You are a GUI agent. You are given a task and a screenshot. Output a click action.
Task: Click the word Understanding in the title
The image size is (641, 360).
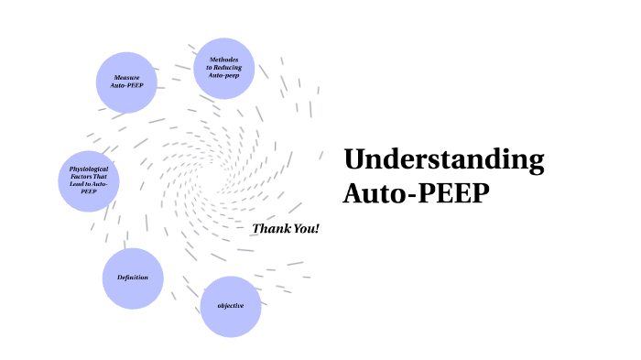444,160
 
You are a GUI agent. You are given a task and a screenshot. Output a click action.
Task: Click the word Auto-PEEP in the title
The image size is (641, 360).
418,194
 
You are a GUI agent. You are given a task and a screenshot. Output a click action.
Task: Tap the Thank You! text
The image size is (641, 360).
286,228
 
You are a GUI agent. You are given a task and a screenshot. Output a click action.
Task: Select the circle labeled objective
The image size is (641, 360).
231,306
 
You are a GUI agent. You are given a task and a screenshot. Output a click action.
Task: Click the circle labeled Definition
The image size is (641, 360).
133,278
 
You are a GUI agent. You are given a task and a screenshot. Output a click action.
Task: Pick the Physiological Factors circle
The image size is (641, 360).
89,180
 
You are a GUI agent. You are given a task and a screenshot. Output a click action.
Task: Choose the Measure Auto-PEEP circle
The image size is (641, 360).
126,82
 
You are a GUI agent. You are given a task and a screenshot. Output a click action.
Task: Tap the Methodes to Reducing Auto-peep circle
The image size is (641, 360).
223,68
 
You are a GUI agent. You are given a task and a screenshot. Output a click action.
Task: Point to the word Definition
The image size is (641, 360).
133,278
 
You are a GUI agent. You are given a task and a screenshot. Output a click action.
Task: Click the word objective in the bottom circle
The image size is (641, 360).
231,305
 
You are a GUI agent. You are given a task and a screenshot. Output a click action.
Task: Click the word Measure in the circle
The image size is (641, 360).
126,78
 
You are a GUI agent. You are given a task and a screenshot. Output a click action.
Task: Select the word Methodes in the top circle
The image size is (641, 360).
223,60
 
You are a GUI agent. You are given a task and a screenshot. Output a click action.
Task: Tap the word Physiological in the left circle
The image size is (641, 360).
89,169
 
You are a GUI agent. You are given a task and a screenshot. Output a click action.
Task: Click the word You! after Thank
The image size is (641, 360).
307,228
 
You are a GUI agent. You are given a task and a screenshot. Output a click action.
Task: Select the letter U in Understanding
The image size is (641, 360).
353,160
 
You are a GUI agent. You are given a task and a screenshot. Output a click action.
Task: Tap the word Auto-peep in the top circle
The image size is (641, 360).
223,74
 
